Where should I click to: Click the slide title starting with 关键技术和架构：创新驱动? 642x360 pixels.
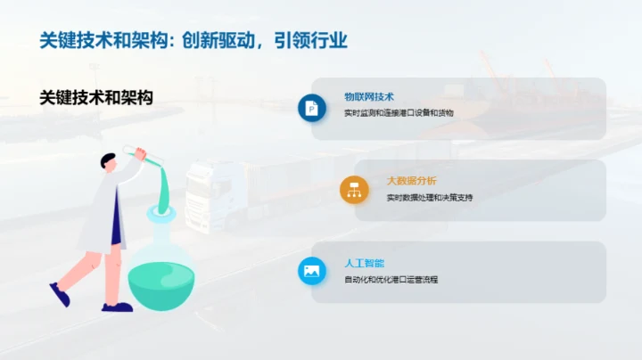[x=193, y=40]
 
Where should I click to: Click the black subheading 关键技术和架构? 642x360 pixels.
[x=96, y=98]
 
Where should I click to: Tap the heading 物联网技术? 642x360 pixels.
[x=368, y=96]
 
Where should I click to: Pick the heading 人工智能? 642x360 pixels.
[x=364, y=264]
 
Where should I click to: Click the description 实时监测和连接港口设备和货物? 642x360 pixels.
[x=398, y=113]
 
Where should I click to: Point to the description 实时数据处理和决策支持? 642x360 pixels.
[x=429, y=197]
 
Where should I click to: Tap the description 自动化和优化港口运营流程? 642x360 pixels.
[x=391, y=280]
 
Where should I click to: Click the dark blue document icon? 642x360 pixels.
[x=312, y=108]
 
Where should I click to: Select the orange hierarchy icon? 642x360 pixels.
[x=354, y=189]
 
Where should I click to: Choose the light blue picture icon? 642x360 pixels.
[x=312, y=271]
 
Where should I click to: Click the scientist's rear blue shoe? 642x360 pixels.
[x=60, y=294]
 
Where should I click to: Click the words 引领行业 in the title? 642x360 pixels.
[x=311, y=40]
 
